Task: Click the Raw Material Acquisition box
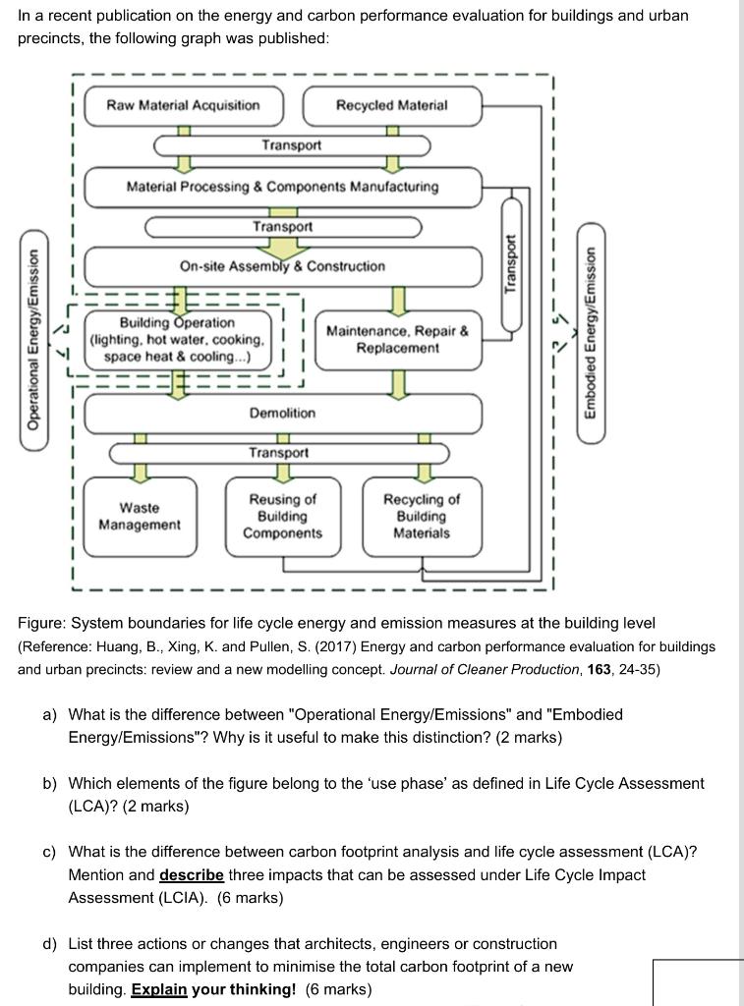183,106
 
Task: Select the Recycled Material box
392,106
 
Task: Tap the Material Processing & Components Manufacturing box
283,187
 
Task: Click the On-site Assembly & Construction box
283,266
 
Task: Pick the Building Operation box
178,340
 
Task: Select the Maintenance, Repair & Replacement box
397,340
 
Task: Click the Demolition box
283,414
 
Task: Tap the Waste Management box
140,517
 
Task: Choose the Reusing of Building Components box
283,517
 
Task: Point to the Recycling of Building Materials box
421,517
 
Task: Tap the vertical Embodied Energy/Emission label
591,334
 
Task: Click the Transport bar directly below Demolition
279,453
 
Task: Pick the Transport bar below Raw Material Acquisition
291,145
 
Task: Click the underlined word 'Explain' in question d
158,989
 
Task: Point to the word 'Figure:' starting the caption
44,623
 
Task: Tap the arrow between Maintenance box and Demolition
398,384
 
